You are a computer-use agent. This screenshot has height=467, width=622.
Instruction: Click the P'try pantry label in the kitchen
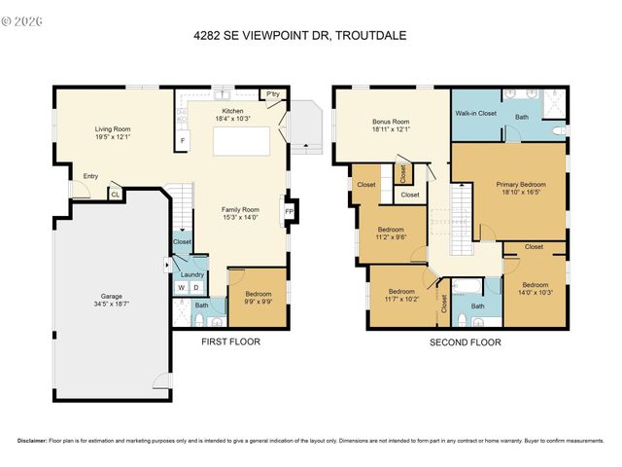click(273, 94)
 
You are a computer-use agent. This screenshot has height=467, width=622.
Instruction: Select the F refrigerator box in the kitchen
click(181, 141)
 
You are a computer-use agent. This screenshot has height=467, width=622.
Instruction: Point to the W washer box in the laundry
click(182, 287)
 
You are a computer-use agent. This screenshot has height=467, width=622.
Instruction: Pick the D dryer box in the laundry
click(195, 287)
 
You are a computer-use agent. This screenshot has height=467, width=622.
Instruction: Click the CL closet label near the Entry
click(115, 195)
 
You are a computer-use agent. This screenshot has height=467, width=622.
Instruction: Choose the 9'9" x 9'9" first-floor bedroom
click(258, 297)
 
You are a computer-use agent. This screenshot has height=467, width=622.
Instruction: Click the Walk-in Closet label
click(476, 113)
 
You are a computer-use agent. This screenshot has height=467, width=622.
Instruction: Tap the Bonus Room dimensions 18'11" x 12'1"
click(391, 129)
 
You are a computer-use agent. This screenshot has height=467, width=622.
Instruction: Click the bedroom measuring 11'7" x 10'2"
click(403, 295)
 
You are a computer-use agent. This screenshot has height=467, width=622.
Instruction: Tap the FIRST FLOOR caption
click(230, 341)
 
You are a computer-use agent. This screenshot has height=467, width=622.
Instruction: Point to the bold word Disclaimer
click(30, 440)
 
